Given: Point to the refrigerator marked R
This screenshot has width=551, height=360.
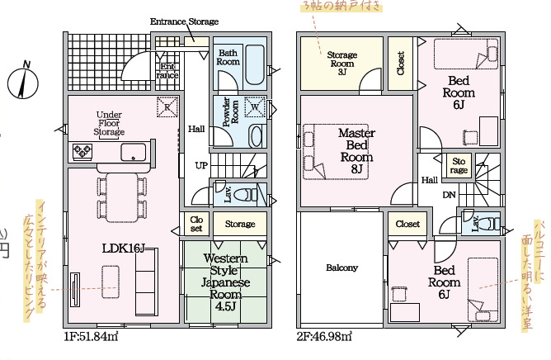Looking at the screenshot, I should [167, 107].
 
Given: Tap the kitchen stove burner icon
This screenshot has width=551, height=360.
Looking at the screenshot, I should [83, 151].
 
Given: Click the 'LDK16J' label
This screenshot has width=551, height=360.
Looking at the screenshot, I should [125, 247].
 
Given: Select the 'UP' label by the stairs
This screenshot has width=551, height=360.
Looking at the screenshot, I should [200, 165].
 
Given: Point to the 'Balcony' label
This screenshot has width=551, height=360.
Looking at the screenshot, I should [341, 268].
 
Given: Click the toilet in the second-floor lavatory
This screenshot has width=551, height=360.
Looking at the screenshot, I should [488, 222].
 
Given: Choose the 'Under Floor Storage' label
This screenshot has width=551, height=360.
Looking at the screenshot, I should [109, 123].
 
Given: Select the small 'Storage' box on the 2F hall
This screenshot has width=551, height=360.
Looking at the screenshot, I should [459, 166].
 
